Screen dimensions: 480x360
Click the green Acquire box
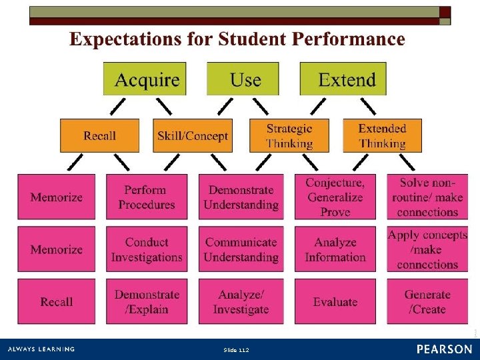[145, 79]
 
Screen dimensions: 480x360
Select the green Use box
[243, 79]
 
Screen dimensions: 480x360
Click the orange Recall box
[99, 136]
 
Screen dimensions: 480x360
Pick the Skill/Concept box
[193, 136]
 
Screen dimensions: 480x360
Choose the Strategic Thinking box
[289, 136]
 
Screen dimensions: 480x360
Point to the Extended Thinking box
[382, 136]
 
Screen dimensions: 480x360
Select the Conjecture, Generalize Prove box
[335, 197]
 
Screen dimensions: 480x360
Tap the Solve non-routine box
[427, 197]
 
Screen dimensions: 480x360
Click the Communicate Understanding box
[241, 249]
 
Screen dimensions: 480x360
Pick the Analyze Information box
[335, 249]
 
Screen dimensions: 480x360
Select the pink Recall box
[56, 302]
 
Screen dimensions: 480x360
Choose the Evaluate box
[335, 302]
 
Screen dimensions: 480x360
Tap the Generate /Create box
[427, 302]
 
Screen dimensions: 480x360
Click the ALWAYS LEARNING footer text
[41, 349]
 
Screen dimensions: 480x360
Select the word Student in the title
[251, 39]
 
